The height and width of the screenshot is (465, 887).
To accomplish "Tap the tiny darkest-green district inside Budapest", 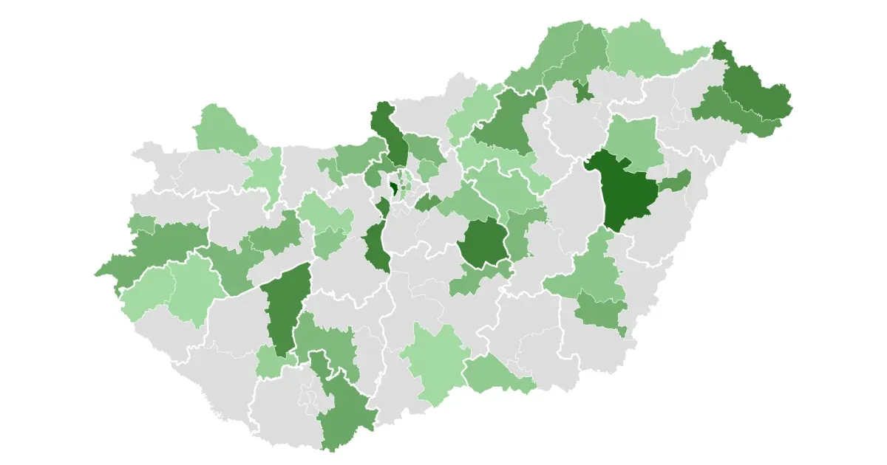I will click(394, 190).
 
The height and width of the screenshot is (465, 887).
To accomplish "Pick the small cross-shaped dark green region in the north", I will click(583, 92).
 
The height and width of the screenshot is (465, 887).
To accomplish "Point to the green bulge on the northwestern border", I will click(222, 129).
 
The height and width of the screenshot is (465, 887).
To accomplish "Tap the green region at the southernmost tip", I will click(344, 413).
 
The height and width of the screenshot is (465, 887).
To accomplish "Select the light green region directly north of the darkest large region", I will click(633, 140).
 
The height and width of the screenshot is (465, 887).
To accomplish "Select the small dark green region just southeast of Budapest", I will click(427, 203).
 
